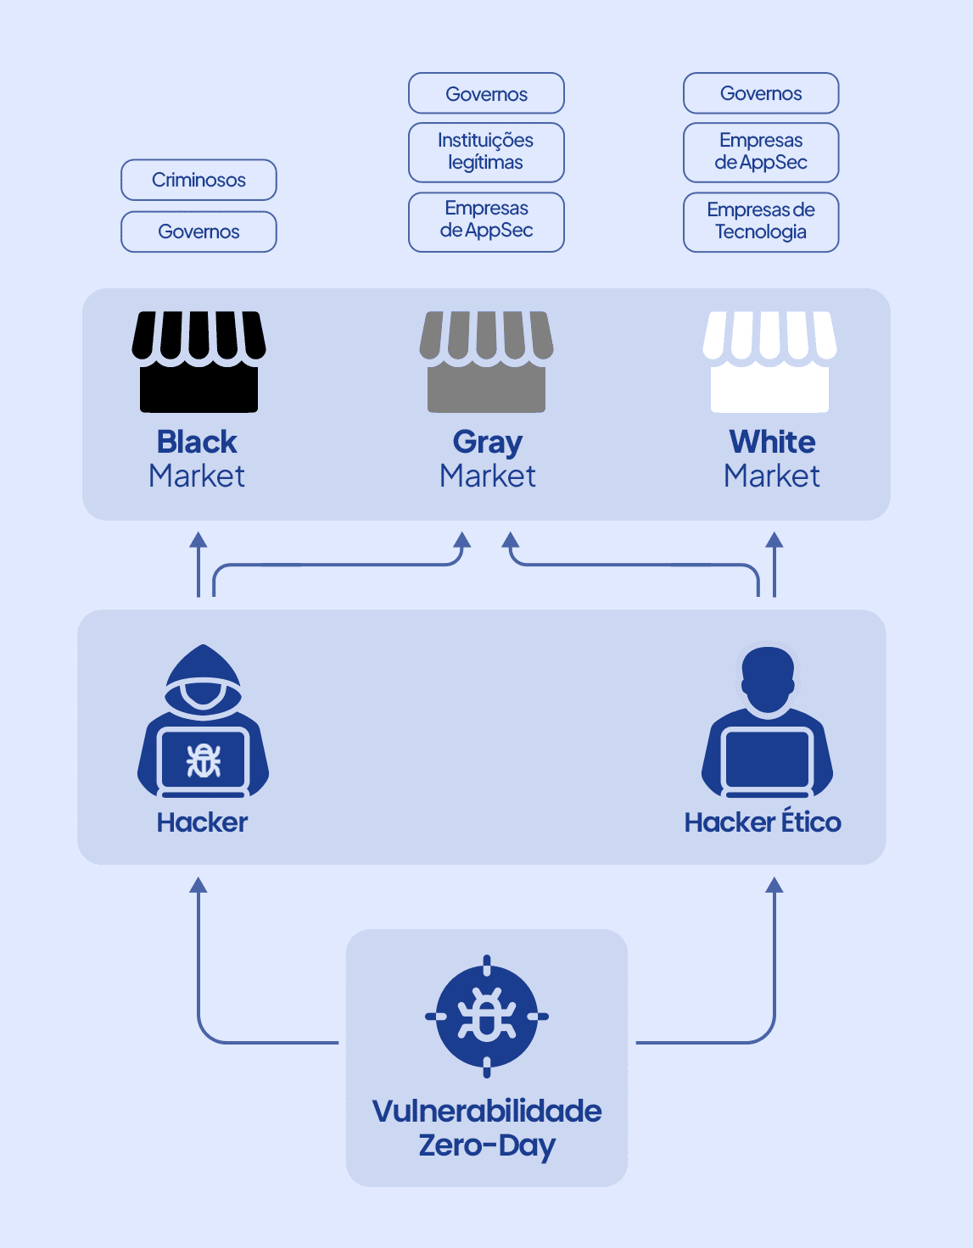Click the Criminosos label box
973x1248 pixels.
click(x=199, y=180)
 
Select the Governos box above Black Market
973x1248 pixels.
click(x=199, y=231)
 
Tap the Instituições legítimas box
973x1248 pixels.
click(x=486, y=152)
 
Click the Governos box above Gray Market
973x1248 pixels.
click(x=486, y=93)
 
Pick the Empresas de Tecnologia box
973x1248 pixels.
click(x=761, y=221)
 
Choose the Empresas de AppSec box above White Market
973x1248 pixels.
click(x=761, y=152)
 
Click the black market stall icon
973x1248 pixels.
click(x=199, y=362)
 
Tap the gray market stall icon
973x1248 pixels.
click(x=486, y=362)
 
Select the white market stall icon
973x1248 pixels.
click(x=769, y=362)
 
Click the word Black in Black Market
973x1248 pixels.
click(x=197, y=442)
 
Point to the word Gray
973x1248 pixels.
click(x=487, y=443)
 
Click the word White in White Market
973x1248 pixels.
click(x=772, y=442)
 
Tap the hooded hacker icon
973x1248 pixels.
click(x=203, y=721)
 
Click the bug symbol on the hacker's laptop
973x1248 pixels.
click(x=204, y=760)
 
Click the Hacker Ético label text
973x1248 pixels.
click(x=763, y=822)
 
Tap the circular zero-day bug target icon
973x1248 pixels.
click(x=487, y=1016)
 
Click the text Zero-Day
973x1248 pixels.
click(x=487, y=1145)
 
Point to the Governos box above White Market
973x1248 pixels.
click(x=761, y=93)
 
